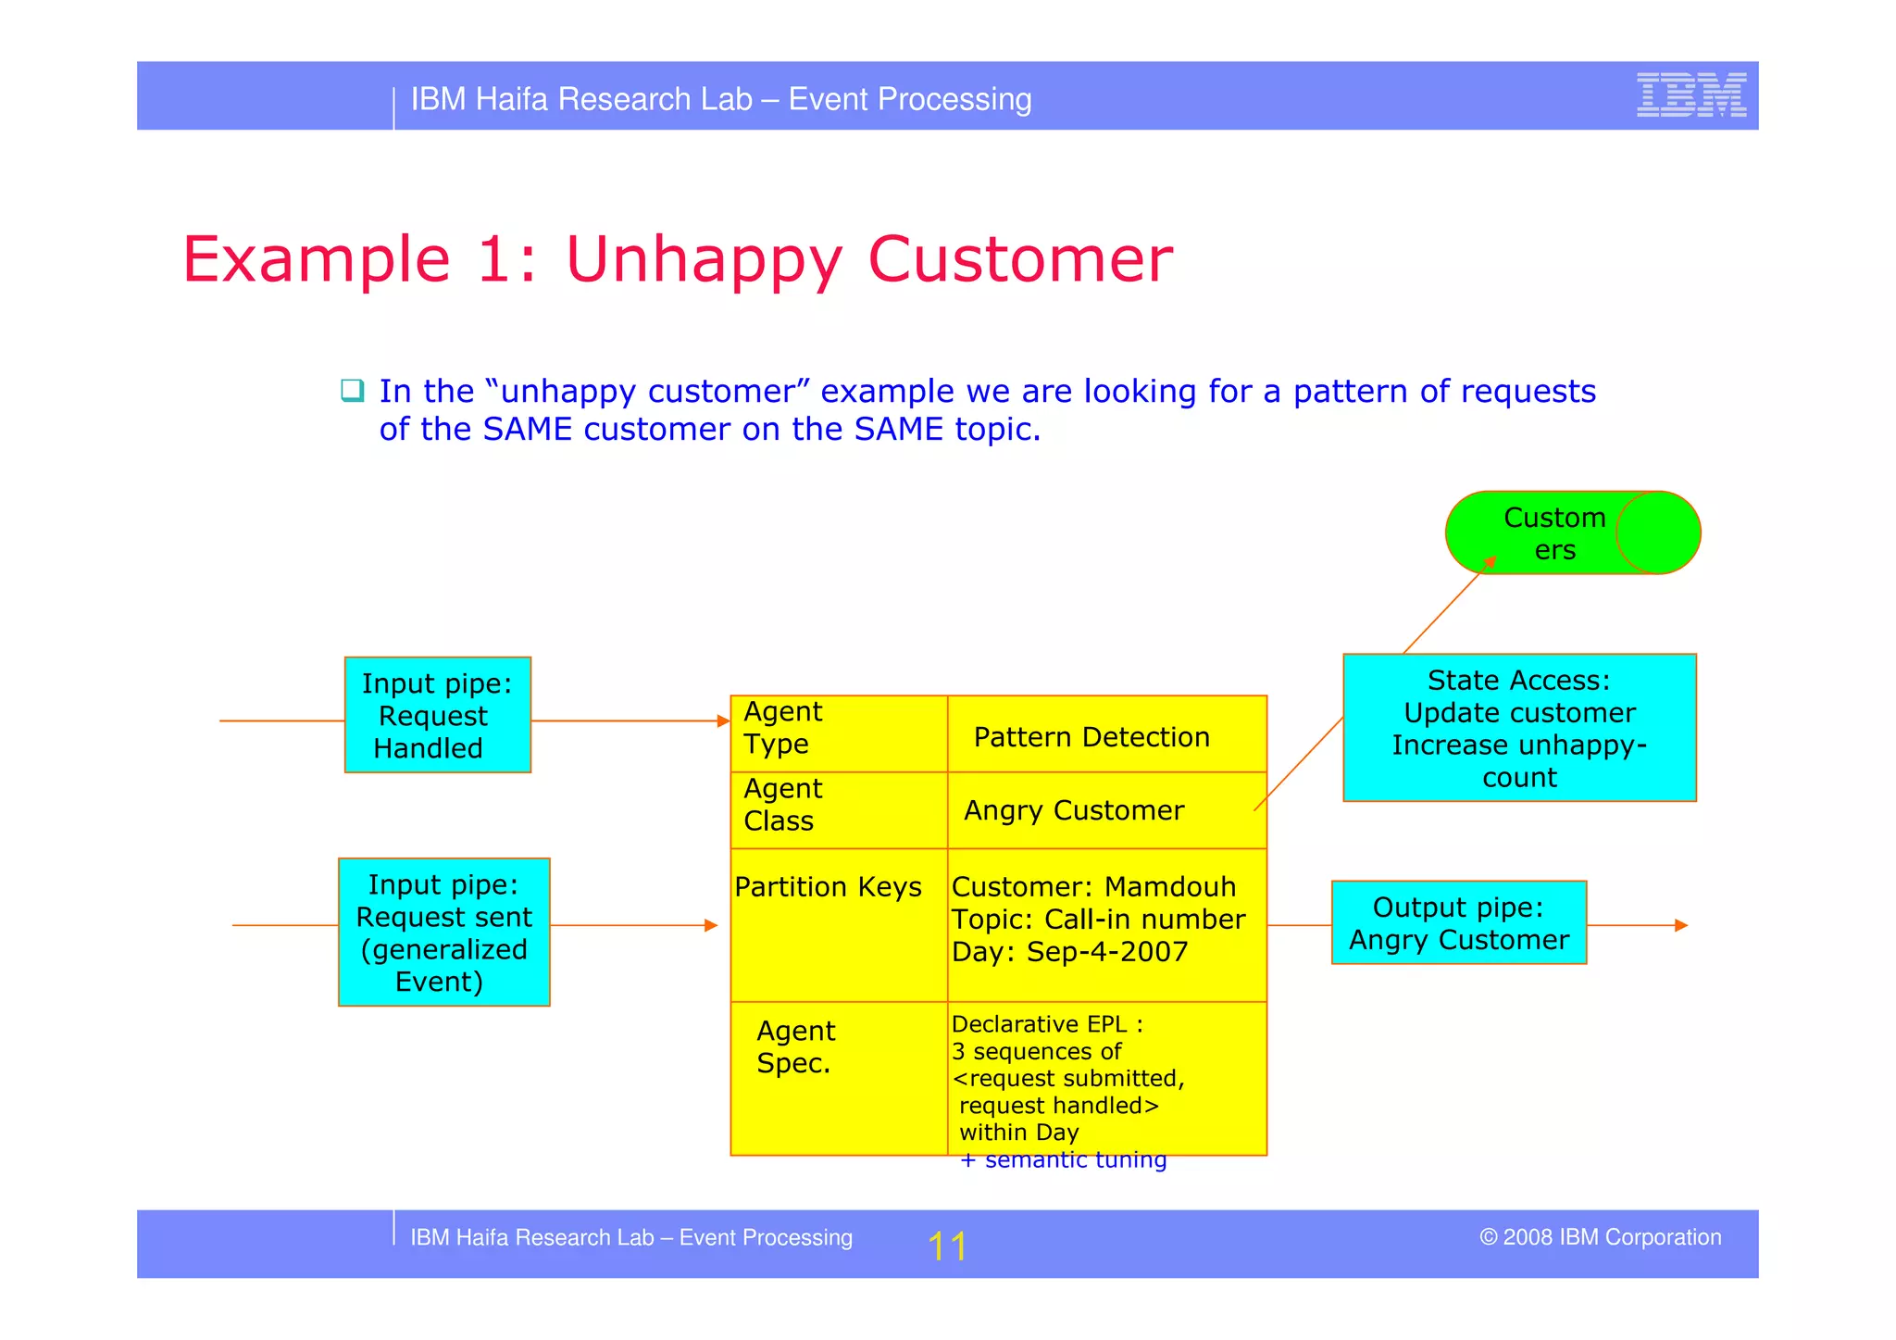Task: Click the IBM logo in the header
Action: click(1690, 94)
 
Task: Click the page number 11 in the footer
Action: click(946, 1246)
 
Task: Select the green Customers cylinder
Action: click(1572, 532)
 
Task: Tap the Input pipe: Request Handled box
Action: click(437, 715)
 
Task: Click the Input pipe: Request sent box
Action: click(443, 932)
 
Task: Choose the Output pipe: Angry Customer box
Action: click(1458, 922)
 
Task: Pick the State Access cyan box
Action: click(1518, 728)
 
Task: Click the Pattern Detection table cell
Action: click(1091, 737)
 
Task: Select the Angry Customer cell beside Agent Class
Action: click(1074, 810)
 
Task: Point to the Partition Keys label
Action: click(828, 887)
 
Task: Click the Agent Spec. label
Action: click(794, 1046)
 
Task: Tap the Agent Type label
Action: click(782, 728)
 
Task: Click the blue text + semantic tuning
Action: click(1064, 1159)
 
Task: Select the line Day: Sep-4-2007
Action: click(1069, 952)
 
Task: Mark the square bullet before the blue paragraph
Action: click(352, 390)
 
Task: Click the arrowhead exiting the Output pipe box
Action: click(1681, 925)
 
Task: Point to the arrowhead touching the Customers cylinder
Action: click(1490, 561)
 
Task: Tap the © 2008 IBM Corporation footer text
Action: click(1600, 1237)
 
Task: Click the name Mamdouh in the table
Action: click(1170, 887)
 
